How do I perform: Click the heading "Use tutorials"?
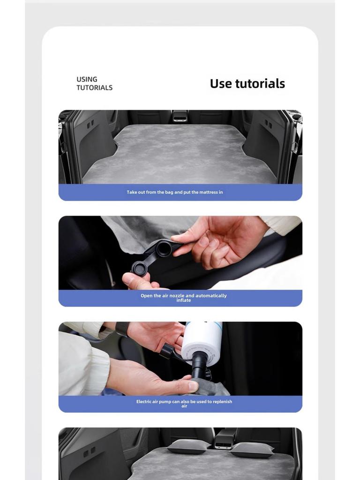pos(247,83)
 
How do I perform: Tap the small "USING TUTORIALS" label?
pos(94,83)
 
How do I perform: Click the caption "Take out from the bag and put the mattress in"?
pos(174,192)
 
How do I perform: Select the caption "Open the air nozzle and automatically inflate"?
pos(183,298)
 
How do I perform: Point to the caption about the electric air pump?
pos(184,404)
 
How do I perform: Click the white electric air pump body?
pos(202,342)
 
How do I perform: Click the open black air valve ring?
pos(164,248)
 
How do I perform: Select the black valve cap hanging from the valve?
pos(139,268)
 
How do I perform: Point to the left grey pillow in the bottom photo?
pos(188,446)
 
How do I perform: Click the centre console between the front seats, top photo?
pos(180,116)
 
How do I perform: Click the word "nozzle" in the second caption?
pos(177,296)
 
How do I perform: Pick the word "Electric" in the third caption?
pos(143,402)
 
